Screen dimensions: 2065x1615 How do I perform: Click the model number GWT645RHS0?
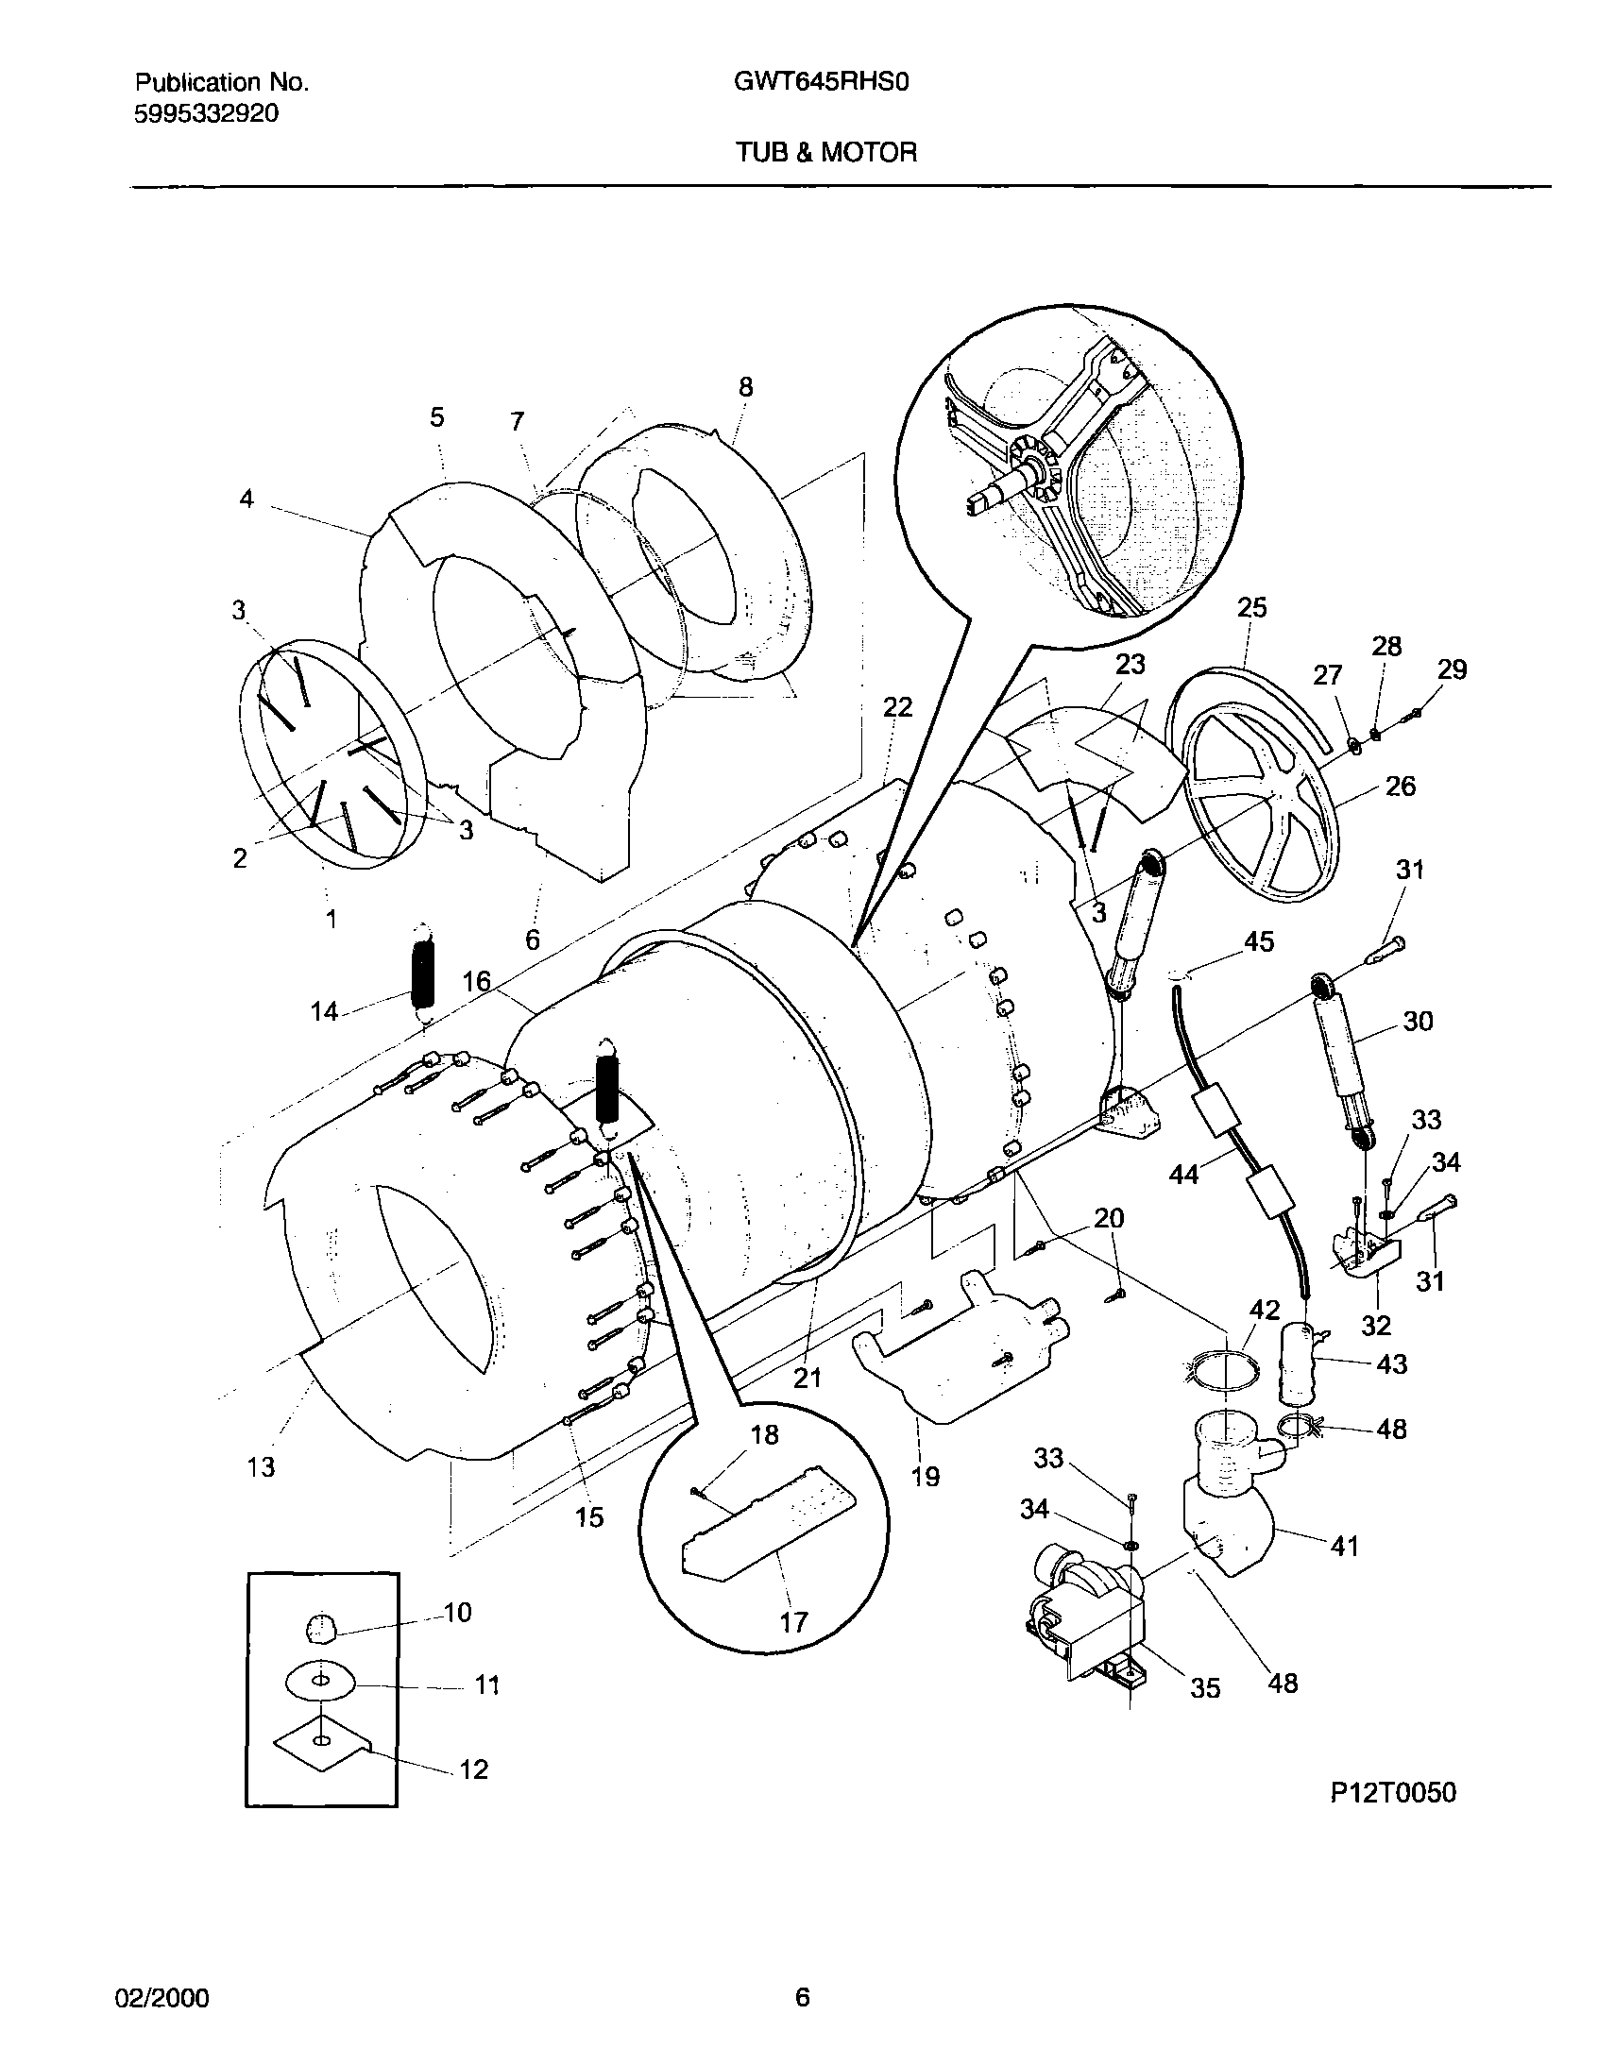click(821, 83)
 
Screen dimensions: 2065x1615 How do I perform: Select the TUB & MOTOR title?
click(826, 152)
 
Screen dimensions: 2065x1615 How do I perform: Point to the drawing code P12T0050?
click(1393, 1792)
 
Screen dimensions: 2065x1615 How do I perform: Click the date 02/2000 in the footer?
click(161, 1998)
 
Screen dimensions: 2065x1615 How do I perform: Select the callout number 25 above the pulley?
click(1251, 608)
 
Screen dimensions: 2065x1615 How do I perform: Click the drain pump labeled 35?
click(1087, 1618)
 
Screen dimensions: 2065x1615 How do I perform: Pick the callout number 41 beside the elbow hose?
click(1344, 1546)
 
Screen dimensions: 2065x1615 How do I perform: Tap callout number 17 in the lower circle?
click(793, 1622)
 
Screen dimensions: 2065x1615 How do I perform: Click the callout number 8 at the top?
click(745, 387)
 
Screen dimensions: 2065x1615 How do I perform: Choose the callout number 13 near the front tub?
click(261, 1466)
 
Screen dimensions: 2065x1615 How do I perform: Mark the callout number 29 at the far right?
click(1452, 669)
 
